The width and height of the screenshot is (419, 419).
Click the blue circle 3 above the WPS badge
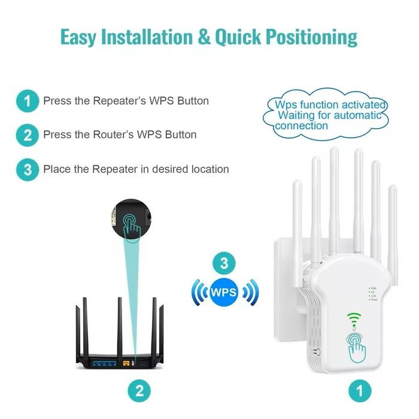coord(224,263)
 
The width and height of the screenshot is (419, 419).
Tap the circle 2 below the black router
coord(139,392)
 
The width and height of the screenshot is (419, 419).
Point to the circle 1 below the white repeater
coord(359,392)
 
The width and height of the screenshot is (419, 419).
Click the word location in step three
coord(207,169)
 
